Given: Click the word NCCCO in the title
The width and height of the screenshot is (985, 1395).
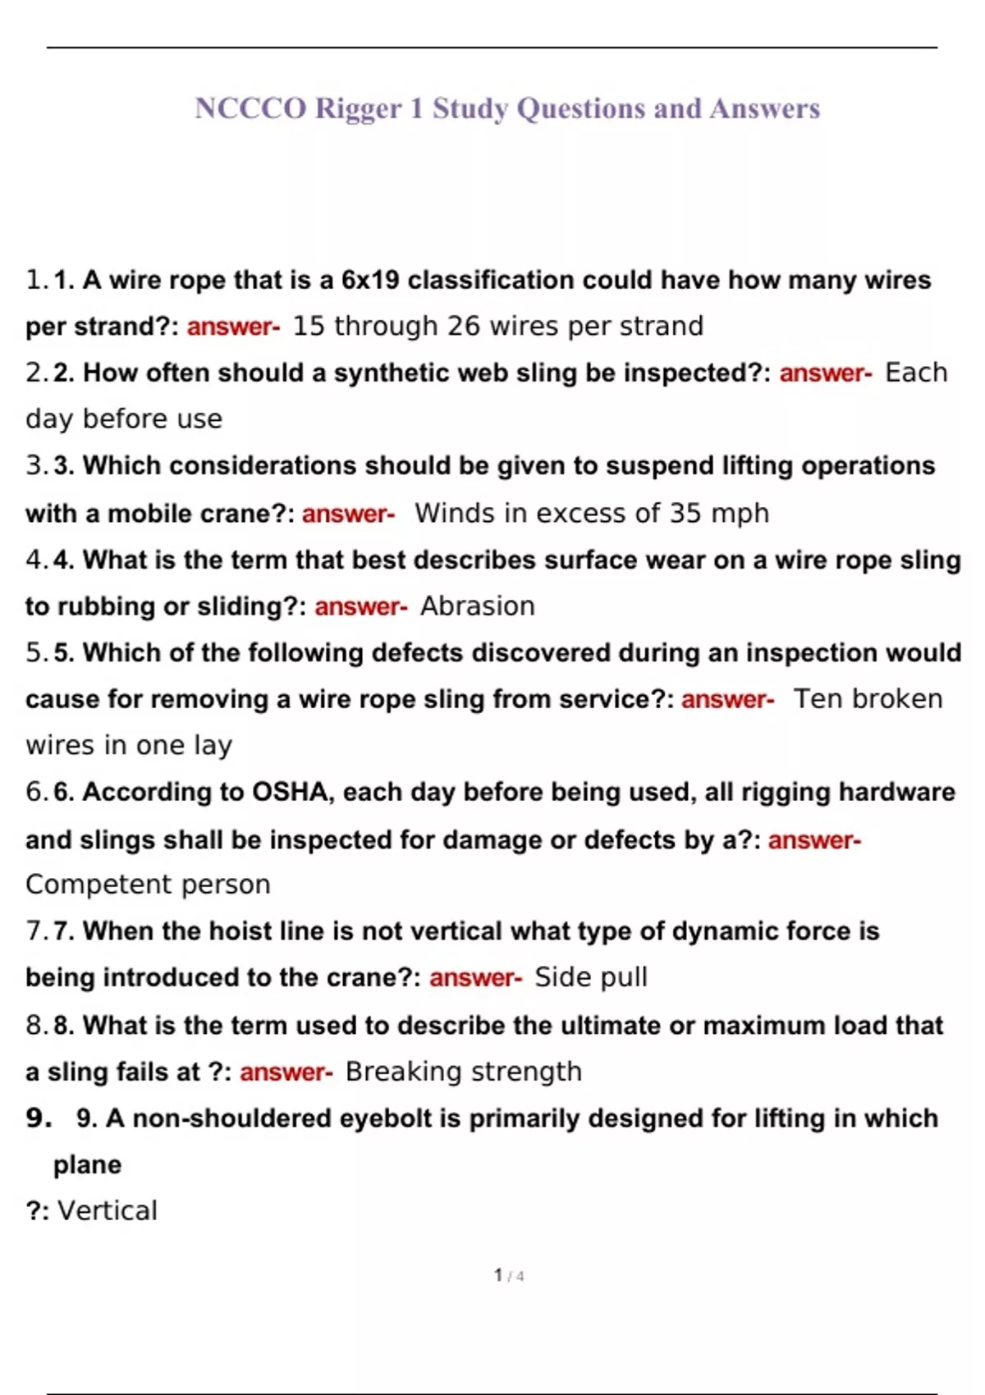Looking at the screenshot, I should point(250,108).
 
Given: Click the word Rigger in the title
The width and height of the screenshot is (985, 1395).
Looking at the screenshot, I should point(359,108).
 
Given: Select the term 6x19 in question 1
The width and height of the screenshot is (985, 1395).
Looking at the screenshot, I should point(370,280).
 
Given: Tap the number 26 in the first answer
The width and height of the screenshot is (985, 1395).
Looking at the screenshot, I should point(463,326).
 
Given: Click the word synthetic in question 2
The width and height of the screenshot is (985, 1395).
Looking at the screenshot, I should point(392,373).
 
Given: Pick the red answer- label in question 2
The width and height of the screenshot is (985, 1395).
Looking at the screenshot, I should point(825,373).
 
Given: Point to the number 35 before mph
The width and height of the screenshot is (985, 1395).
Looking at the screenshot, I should point(685,513).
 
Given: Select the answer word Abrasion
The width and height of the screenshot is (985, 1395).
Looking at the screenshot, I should point(477,606).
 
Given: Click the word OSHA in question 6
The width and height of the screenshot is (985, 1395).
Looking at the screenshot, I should point(290,792).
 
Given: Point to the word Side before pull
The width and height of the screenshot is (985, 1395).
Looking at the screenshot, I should point(564,977).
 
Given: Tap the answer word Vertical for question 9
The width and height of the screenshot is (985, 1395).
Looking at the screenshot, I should point(108,1210).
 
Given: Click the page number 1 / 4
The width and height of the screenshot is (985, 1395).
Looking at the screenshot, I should point(508,1275).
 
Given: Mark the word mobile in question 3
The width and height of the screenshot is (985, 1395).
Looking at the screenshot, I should point(145,514).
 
